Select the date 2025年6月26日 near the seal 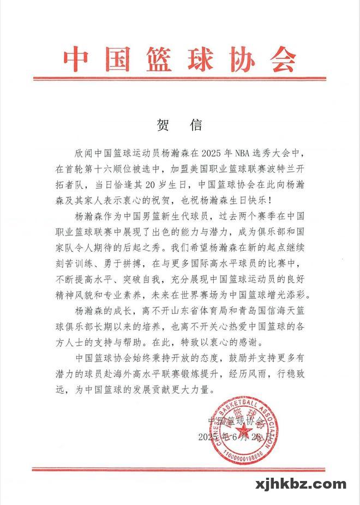[232, 437]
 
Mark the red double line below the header [179, 79]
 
